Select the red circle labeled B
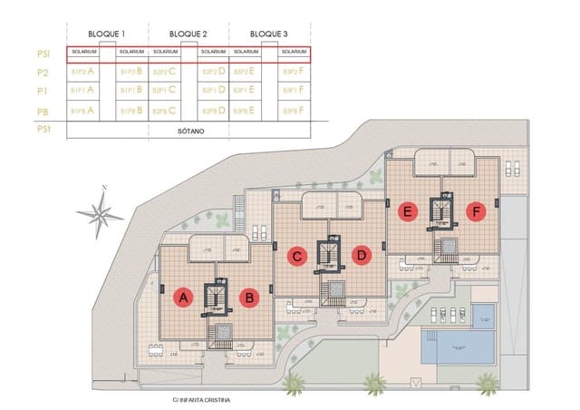pyautogui.click(x=248, y=297)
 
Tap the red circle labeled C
pyautogui.click(x=296, y=256)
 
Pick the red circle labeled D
pyautogui.click(x=361, y=256)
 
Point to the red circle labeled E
pyautogui.click(x=409, y=212)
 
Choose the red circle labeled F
pyautogui.click(x=474, y=212)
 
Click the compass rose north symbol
pyautogui.click(x=101, y=212)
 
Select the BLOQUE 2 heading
pyautogui.click(x=188, y=34)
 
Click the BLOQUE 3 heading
pyautogui.click(x=268, y=34)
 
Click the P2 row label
pyautogui.click(x=43, y=71)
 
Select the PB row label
pyautogui.click(x=43, y=111)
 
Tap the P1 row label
pyautogui.click(x=43, y=91)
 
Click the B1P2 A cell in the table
pyautogui.click(x=83, y=71)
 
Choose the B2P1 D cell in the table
pyautogui.click(x=213, y=91)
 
